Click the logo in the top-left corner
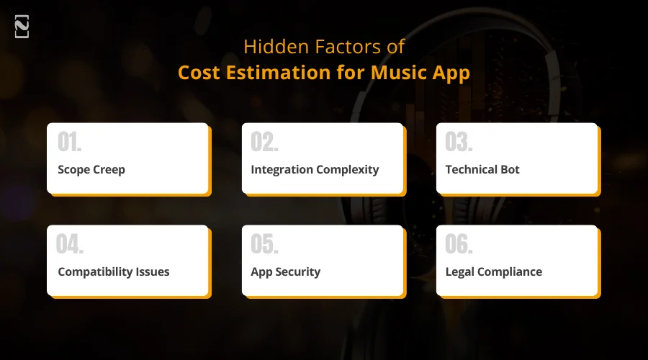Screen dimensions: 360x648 coord(22,27)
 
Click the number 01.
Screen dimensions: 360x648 coord(69,143)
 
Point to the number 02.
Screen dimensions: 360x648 coord(264,143)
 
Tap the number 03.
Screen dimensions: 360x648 coord(459,143)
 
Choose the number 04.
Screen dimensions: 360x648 coord(70,245)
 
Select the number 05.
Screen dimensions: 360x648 coord(264,245)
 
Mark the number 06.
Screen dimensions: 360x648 coord(459,245)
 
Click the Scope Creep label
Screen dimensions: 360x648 coord(91,170)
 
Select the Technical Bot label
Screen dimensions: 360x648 coord(482,170)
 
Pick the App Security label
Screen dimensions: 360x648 coord(285,272)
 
